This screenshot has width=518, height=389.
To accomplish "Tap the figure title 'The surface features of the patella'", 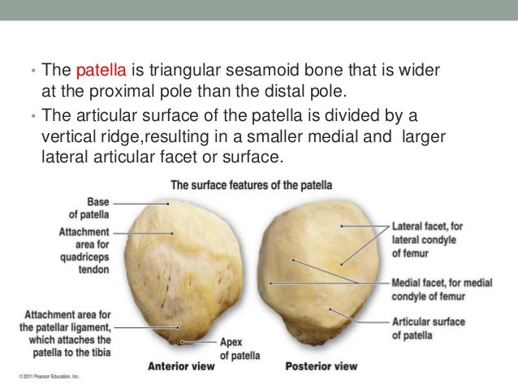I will (251, 185).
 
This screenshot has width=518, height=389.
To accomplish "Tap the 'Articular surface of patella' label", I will (429, 328).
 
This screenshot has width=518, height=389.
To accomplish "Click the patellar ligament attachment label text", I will (68, 333).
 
